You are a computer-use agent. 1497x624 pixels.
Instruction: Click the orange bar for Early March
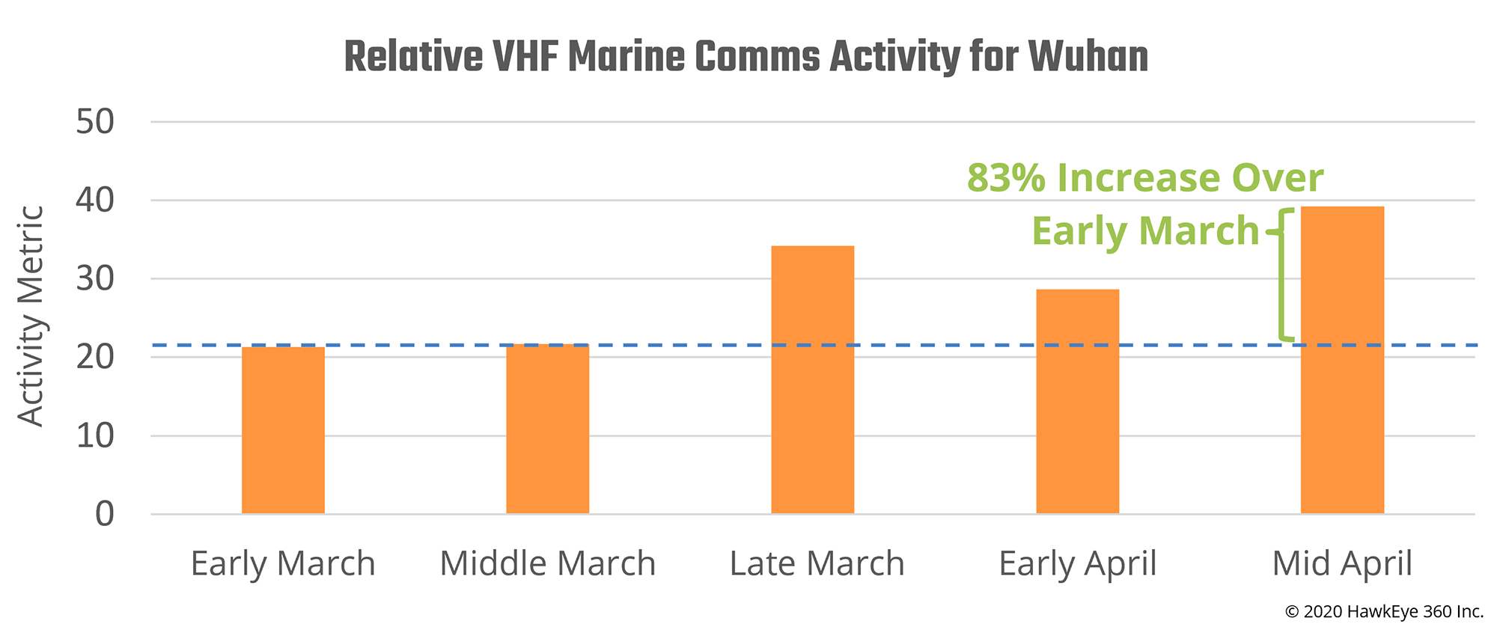coord(283,430)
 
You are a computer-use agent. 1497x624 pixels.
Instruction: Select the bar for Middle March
coord(547,429)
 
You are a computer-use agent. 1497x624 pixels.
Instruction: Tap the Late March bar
coord(812,379)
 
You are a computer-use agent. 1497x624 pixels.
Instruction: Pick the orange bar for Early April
coord(1077,401)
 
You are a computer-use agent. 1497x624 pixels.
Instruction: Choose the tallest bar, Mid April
coord(1342,360)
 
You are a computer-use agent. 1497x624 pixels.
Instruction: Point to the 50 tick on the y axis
coord(95,122)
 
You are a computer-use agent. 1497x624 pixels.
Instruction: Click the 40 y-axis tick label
coord(95,201)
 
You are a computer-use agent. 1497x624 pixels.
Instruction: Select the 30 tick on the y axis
coord(95,279)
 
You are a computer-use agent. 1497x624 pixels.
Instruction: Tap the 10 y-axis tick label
coord(95,435)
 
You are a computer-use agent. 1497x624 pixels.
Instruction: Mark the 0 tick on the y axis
coord(105,514)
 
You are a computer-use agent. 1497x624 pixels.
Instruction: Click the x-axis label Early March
coord(283,563)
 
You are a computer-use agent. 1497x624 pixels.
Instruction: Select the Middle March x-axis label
coord(547,563)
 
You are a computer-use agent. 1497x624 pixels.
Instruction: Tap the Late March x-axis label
coord(817,563)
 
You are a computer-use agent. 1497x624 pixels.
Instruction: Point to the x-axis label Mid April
coord(1342,563)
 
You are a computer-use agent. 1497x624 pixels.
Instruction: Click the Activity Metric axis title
coord(31,316)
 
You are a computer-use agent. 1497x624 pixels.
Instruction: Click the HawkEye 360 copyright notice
coord(1384,611)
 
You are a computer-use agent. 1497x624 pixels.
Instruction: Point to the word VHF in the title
coord(525,57)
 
